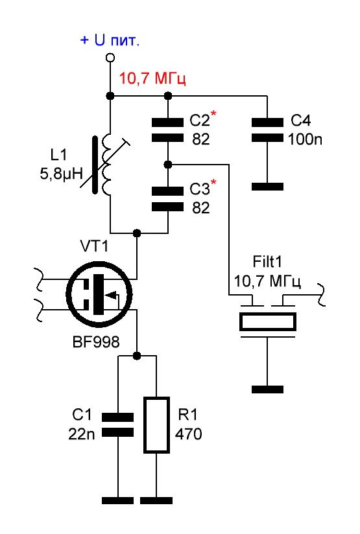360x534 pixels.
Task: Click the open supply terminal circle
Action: click(110, 58)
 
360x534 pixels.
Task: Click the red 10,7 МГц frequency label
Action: click(152, 78)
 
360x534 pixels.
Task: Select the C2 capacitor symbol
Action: click(167, 130)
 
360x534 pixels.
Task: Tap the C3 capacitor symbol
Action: click(167, 198)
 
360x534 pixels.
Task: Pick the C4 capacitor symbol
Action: click(267, 130)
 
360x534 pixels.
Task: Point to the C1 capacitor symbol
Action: click(118, 424)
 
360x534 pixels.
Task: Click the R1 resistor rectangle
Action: click(156, 424)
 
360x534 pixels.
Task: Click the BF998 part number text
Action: click(96, 342)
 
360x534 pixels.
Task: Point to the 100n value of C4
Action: click(305, 139)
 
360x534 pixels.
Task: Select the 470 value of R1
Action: click(189, 434)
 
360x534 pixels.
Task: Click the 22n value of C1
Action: click(82, 434)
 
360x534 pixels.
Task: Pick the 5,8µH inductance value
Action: click(62, 174)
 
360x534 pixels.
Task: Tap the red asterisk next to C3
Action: click(213, 182)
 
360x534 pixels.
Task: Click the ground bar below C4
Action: click(268, 187)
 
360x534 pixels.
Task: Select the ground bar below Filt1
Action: click(268, 389)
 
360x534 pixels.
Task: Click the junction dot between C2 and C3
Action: click(167, 165)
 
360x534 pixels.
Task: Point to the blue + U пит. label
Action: click(110, 41)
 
